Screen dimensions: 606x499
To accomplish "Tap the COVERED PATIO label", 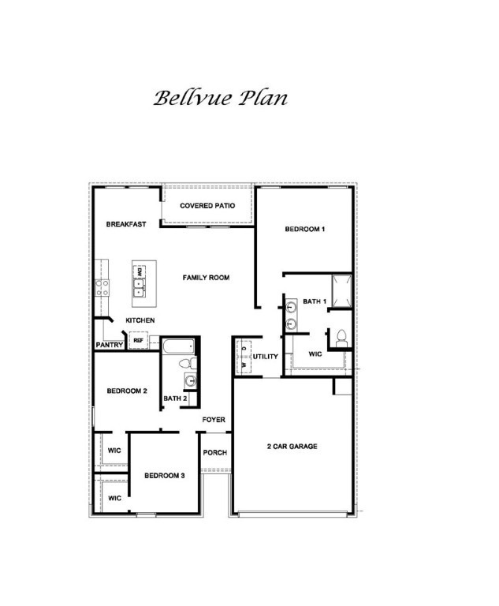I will coord(207,206).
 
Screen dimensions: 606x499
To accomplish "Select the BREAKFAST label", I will coord(126,224).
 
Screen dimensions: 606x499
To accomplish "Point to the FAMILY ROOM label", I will coord(206,278).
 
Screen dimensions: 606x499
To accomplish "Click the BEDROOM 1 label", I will coord(305,229).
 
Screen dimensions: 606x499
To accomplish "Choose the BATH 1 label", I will coord(315,301).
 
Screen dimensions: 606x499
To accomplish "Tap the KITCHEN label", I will coord(140,320).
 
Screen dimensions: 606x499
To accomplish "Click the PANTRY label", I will coord(110,345).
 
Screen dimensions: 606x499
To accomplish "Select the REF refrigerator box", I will coord(138,342).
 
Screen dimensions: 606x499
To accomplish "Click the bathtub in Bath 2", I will coord(179,346).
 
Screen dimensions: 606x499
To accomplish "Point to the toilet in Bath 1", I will coord(341,337).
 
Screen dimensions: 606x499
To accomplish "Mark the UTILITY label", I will coord(266,357).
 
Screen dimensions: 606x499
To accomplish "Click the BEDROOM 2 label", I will coord(127,391).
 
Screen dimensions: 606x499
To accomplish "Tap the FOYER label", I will coord(214,420).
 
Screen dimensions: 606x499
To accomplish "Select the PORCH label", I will coord(215,453).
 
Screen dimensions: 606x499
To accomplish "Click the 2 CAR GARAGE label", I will coord(292,447).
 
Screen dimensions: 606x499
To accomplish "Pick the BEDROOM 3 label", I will coord(164,476).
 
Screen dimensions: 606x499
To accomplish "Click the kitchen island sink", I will coord(138,290).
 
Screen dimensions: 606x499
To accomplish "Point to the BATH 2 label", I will coord(175,398).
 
